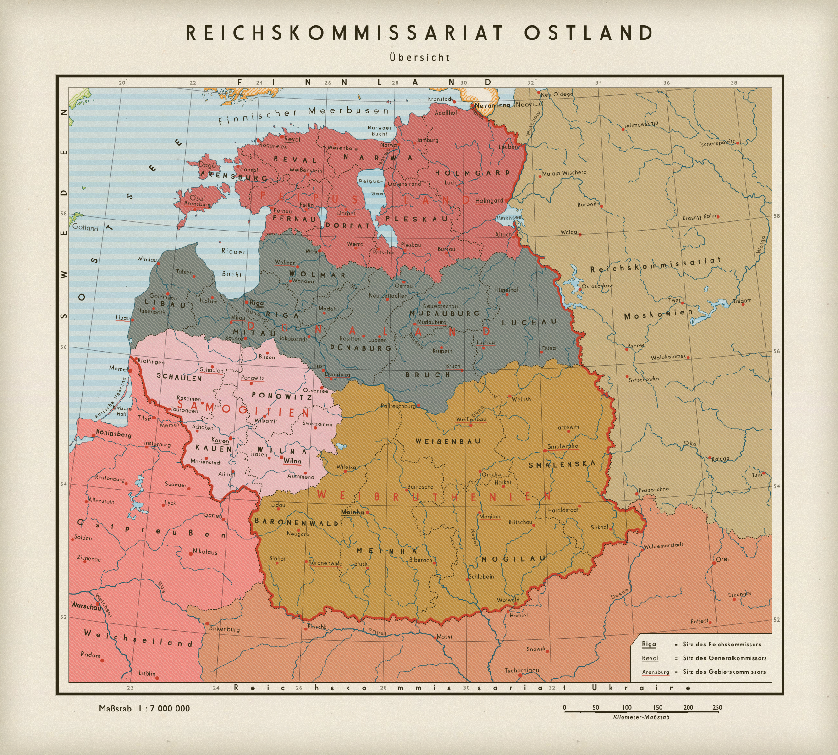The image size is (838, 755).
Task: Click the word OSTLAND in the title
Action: [x=589, y=33]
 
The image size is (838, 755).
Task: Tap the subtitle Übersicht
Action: [x=419, y=58]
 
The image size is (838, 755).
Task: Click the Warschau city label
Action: [x=86, y=606]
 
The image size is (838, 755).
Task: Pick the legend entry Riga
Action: [x=649, y=644]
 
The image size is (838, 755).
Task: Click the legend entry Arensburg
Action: [x=655, y=672]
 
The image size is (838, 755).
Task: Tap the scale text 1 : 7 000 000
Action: [x=164, y=708]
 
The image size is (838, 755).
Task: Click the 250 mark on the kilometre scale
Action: [x=717, y=707]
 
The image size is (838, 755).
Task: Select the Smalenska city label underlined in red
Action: [x=562, y=446]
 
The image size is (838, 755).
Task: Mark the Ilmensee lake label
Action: [x=509, y=218]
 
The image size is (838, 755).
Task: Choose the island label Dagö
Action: [x=207, y=165]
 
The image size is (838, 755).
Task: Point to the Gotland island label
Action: [x=85, y=227]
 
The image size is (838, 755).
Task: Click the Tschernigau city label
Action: [x=522, y=670]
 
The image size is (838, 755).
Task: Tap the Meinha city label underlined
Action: [x=353, y=512]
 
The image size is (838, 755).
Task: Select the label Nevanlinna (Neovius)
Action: [x=508, y=105]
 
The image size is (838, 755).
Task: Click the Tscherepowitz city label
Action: [x=716, y=144]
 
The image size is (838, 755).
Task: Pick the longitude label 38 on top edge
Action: [x=734, y=83]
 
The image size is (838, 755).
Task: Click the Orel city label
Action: [x=722, y=559]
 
